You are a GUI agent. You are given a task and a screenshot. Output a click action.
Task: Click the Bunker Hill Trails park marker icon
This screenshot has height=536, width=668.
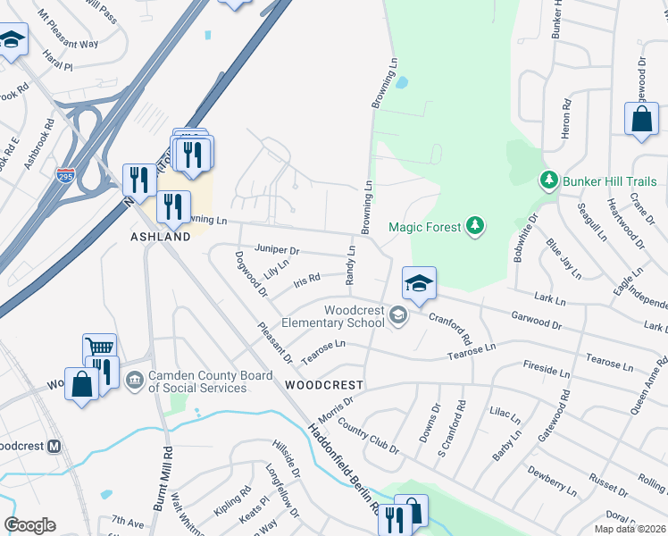(x=551, y=181)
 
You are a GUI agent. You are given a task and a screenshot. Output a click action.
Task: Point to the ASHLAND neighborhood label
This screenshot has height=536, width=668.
(x=161, y=238)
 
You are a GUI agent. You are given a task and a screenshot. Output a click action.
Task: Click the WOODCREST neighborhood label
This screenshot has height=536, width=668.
(x=324, y=385)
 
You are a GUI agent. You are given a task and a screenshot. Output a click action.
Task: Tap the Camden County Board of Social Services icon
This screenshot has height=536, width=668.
(x=135, y=381)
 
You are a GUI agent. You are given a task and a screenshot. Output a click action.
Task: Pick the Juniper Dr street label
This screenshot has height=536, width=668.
(x=277, y=251)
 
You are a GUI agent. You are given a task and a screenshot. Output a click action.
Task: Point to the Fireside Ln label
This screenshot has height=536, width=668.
(x=546, y=369)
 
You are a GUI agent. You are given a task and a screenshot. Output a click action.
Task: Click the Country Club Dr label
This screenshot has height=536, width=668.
(x=369, y=434)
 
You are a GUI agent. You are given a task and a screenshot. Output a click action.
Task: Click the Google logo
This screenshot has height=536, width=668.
(x=30, y=525)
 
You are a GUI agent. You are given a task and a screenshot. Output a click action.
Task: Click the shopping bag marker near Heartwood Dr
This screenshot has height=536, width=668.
(x=641, y=120)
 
